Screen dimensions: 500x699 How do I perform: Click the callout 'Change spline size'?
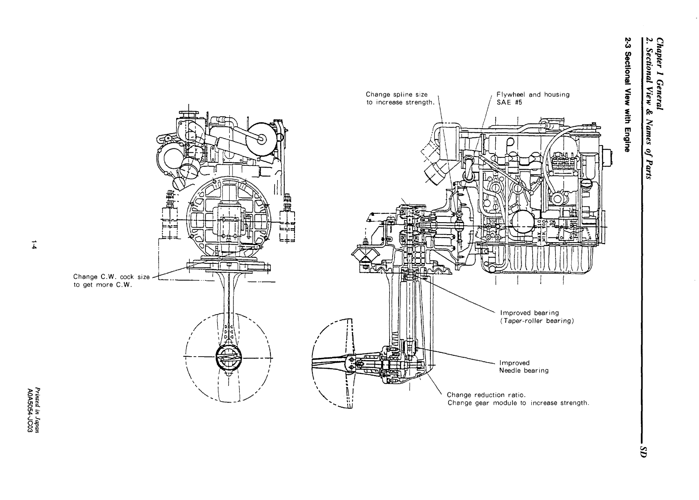397,95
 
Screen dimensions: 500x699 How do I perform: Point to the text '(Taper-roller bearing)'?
537,321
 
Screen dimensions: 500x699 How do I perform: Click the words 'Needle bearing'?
524,371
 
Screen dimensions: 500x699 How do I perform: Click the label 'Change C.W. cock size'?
112,277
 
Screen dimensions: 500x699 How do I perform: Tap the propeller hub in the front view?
228,358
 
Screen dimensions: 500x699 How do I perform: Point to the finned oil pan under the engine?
547,261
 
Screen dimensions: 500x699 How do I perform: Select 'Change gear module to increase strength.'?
518,402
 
